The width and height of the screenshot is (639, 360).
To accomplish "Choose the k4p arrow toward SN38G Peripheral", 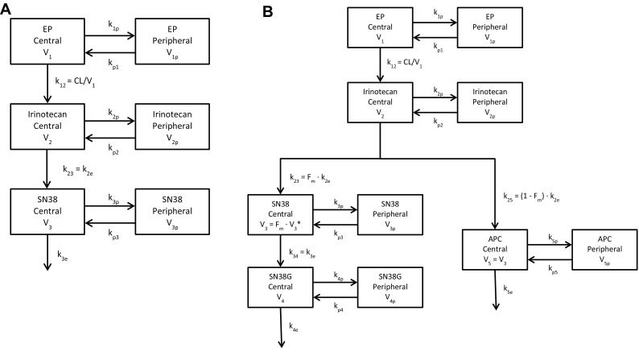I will click(334, 281).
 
